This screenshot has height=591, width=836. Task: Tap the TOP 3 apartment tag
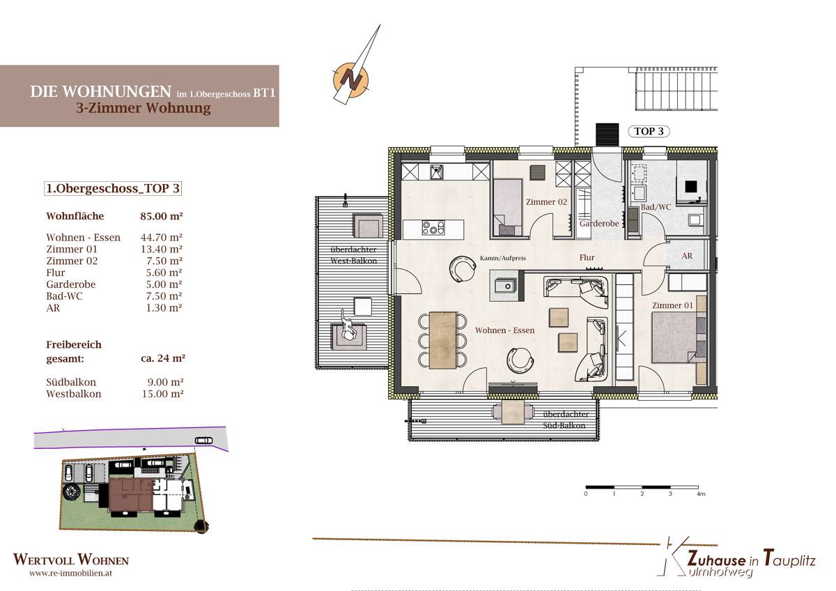click(x=649, y=132)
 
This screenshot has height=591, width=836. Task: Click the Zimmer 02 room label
click(x=546, y=202)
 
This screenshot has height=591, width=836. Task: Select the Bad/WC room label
click(x=656, y=207)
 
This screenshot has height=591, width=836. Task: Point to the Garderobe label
click(x=599, y=224)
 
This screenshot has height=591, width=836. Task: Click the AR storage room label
click(x=687, y=256)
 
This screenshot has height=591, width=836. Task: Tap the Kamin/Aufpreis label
click(x=503, y=258)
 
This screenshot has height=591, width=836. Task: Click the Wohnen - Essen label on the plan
click(x=504, y=330)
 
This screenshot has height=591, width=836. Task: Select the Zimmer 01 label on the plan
click(x=672, y=305)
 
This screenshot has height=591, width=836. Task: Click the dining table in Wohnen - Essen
click(x=442, y=340)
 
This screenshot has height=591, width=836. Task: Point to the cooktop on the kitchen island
click(x=433, y=227)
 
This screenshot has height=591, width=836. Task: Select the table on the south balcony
click(x=513, y=412)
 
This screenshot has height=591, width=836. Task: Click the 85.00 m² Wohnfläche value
click(x=161, y=216)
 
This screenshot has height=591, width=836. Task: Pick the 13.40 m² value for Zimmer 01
click(x=161, y=249)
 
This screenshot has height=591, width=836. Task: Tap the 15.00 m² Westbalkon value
click(x=162, y=394)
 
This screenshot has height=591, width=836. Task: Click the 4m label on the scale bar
click(x=701, y=494)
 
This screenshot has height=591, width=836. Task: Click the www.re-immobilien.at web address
click(x=70, y=574)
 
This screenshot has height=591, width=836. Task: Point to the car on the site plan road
click(x=203, y=440)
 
